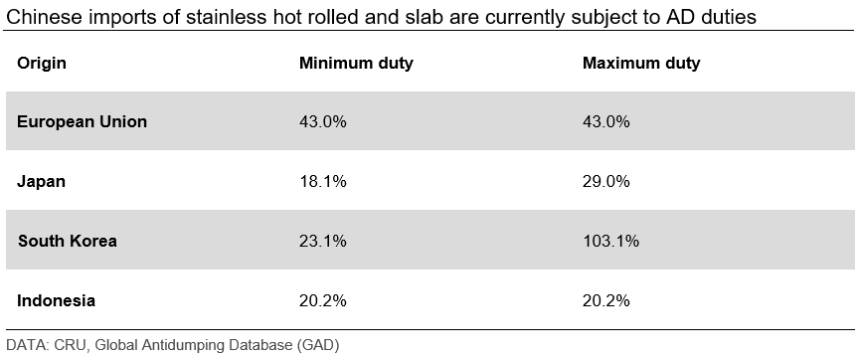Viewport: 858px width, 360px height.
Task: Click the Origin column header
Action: [x=42, y=64]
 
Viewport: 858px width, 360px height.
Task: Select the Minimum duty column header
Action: [x=356, y=63]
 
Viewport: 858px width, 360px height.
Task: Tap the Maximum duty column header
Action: [x=641, y=63]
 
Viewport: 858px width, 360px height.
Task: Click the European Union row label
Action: [x=83, y=121]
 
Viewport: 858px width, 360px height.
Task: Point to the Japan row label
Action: [x=41, y=181]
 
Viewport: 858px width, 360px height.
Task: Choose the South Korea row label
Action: [x=68, y=241]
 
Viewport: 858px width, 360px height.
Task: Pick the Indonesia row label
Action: [x=56, y=300]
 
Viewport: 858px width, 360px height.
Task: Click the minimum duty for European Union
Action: [x=323, y=121]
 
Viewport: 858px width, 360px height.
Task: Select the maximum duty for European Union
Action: [x=606, y=121]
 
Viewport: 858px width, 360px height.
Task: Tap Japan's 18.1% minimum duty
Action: [x=323, y=181]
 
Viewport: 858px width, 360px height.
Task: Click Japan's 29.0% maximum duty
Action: [x=606, y=181]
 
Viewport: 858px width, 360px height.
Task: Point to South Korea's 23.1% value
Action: [x=323, y=241]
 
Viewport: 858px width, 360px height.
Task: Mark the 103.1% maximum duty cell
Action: [x=611, y=241]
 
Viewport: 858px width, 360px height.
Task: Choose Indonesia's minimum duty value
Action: [x=323, y=300]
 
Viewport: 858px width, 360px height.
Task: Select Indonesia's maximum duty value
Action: [x=606, y=300]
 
